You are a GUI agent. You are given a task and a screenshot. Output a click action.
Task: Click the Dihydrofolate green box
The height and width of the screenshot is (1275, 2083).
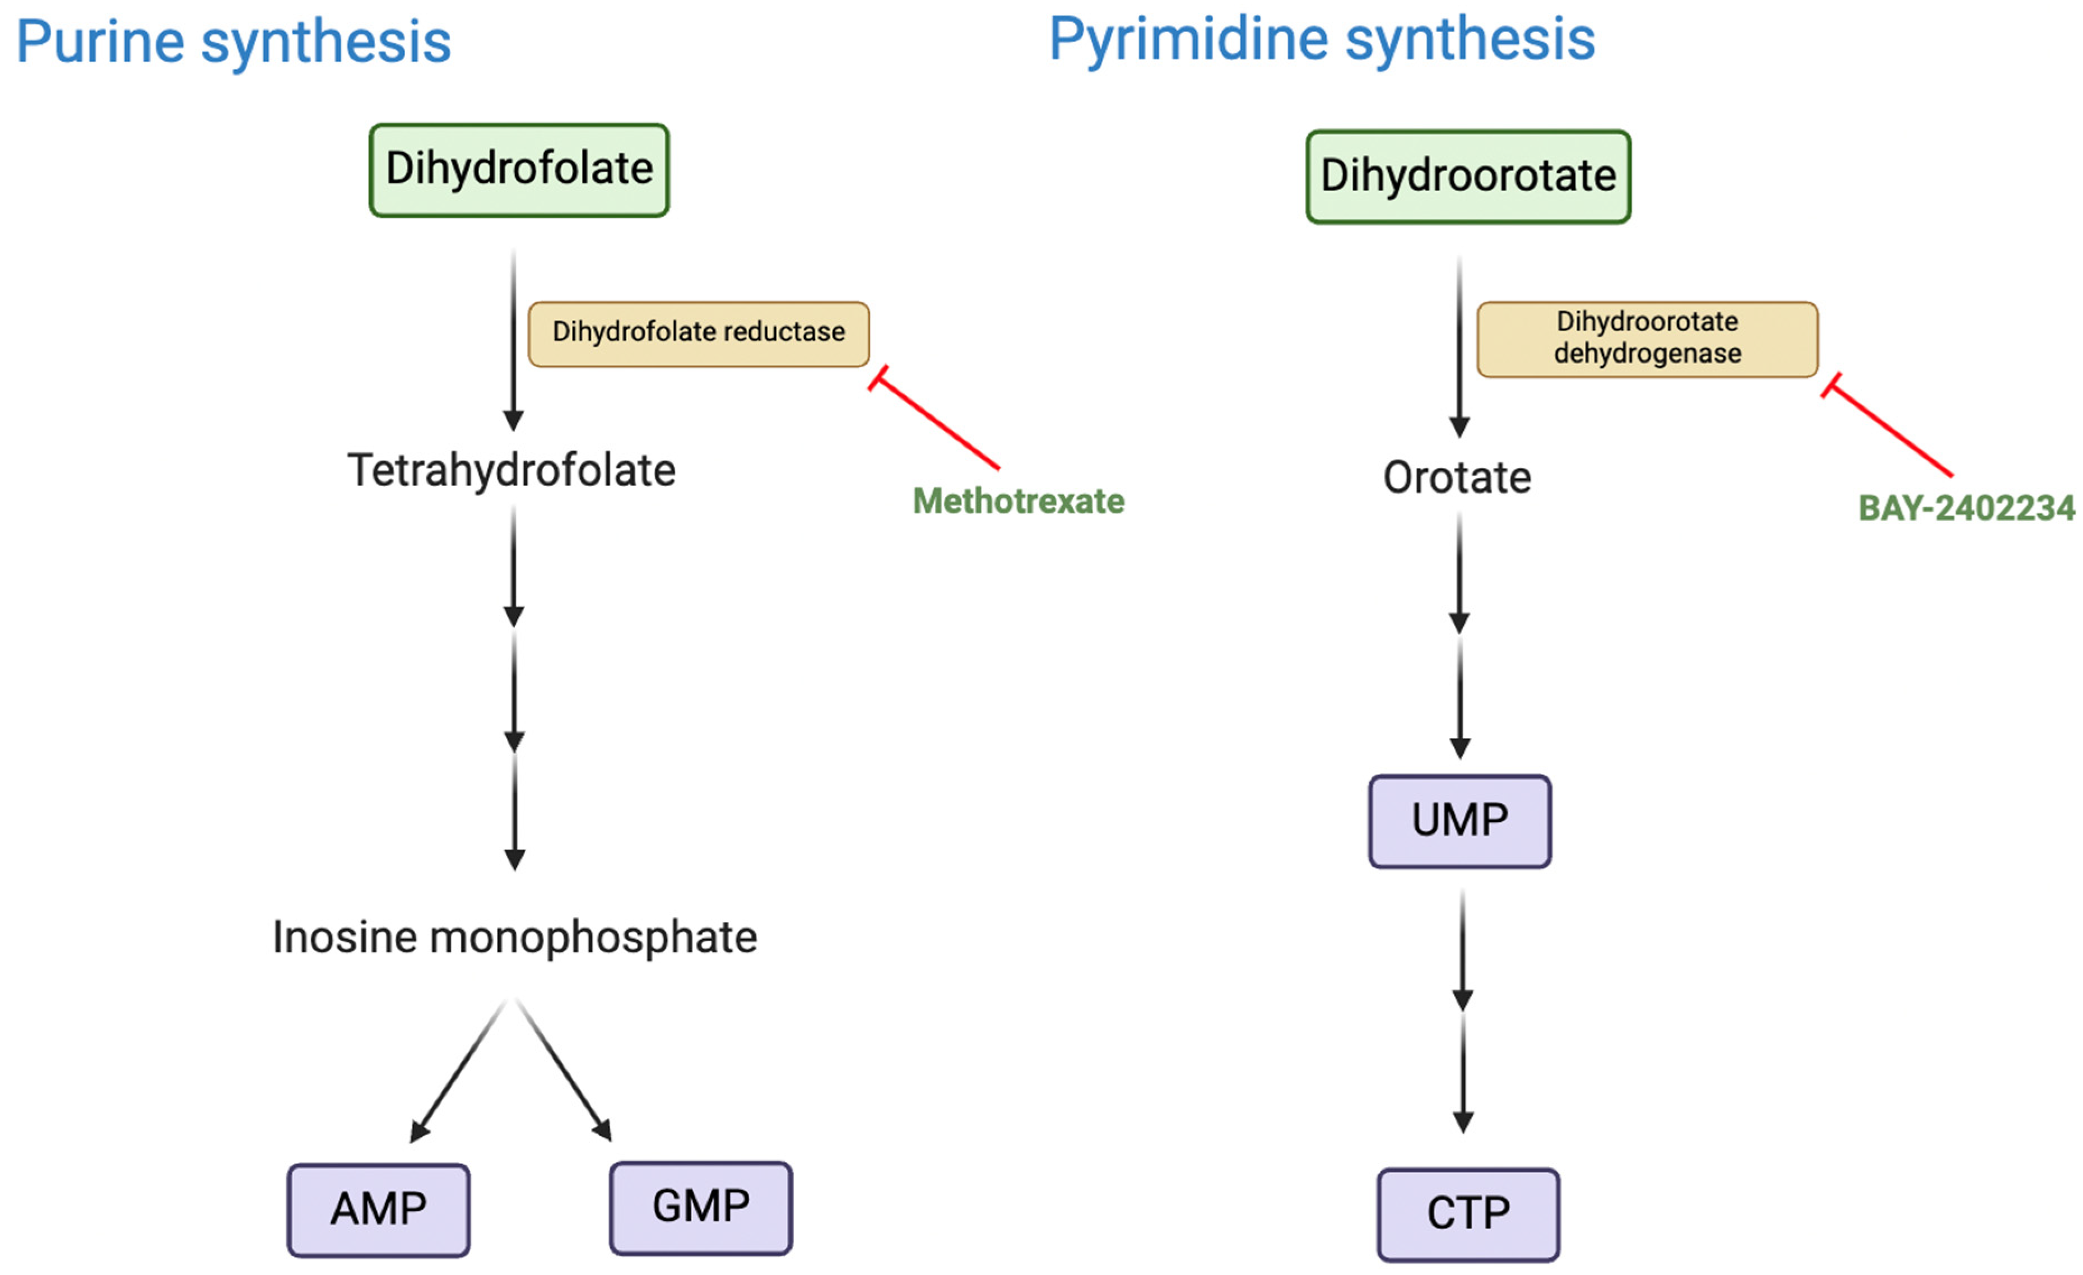[x=519, y=170]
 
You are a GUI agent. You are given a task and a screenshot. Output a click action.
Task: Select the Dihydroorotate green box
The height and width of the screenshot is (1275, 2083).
[x=1468, y=177]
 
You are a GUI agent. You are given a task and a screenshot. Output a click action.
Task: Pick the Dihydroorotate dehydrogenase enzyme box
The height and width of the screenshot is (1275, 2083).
[x=1646, y=338]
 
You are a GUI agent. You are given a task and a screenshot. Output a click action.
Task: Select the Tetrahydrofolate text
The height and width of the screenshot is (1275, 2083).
[x=512, y=470]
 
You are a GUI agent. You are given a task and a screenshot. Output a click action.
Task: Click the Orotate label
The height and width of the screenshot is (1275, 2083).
[x=1457, y=477]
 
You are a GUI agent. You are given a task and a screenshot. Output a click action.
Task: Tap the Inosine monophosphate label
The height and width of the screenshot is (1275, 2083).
[x=514, y=937]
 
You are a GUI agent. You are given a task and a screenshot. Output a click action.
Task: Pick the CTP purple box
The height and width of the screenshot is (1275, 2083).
[x=1468, y=1214]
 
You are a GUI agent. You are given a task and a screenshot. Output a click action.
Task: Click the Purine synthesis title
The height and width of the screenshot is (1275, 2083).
[x=233, y=42]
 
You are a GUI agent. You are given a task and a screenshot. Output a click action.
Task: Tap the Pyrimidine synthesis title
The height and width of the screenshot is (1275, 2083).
[x=1321, y=40]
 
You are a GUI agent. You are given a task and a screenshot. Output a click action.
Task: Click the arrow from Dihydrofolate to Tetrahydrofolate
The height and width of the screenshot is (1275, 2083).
[x=513, y=338]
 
